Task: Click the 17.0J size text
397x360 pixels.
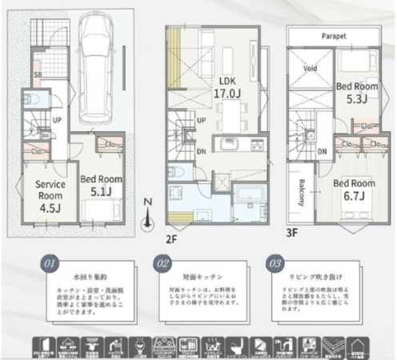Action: pyautogui.click(x=220, y=94)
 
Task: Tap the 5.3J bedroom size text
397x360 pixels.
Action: pyautogui.click(x=351, y=99)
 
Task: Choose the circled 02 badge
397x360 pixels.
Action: pyautogui.click(x=158, y=262)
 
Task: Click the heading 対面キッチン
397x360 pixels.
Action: pyautogui.click(x=198, y=273)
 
